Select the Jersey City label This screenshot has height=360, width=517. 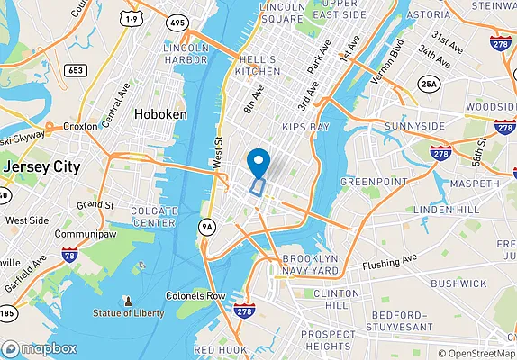41,167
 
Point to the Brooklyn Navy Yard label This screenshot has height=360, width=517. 311,263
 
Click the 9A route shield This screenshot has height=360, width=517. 208,227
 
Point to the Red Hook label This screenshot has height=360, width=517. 219,349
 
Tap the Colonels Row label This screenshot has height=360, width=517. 195,296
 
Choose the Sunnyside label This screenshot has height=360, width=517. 414,126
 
